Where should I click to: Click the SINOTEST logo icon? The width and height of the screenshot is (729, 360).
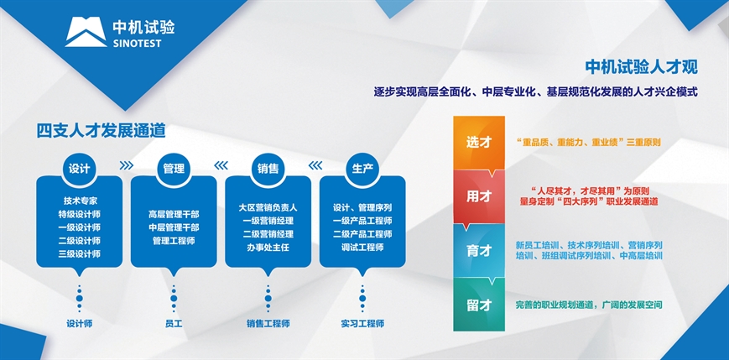[86, 32]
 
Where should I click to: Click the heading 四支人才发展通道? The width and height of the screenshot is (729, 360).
[101, 131]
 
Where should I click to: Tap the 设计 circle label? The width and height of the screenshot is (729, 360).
[79, 169]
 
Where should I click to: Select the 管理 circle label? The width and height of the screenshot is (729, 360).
[174, 169]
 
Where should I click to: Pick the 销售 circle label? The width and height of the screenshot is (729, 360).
[268, 169]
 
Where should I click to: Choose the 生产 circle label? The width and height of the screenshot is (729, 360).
[362, 169]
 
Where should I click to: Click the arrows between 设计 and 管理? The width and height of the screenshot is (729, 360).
[126, 165]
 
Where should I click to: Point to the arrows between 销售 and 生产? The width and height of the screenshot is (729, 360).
[315, 165]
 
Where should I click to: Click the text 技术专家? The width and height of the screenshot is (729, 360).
[79, 201]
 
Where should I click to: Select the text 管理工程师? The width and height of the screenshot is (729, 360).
[174, 241]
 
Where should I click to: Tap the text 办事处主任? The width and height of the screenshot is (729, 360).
[268, 248]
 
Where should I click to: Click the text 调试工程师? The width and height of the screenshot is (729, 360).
[362, 248]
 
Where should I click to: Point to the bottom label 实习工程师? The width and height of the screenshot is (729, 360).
[362, 324]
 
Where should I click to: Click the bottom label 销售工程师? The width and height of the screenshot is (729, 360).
[268, 324]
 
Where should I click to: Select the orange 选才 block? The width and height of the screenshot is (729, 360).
[479, 143]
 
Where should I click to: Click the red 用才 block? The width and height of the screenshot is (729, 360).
[479, 197]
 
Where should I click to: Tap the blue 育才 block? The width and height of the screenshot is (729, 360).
[479, 251]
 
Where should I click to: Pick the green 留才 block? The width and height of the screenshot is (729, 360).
[479, 305]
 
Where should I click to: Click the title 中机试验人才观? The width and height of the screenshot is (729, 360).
[641, 67]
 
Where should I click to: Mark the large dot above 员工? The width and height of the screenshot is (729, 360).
[174, 298]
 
